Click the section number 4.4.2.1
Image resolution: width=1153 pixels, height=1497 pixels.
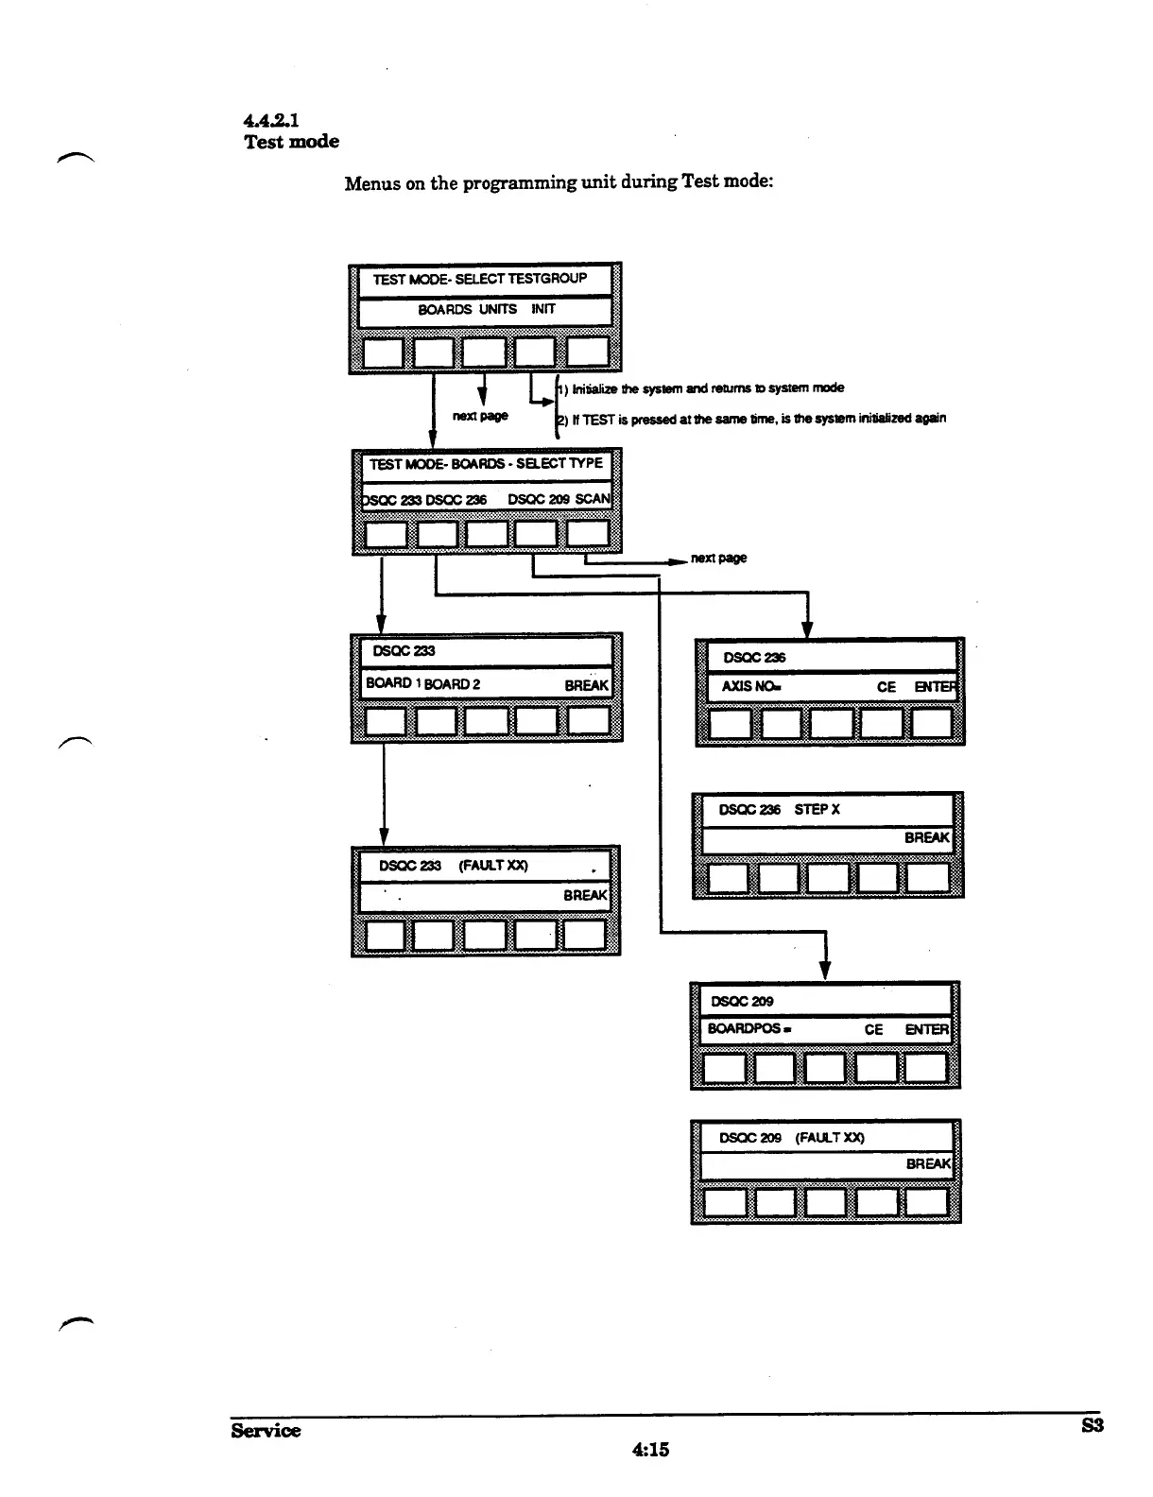coord(271,120)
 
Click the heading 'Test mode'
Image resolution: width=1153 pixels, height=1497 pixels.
coord(291,142)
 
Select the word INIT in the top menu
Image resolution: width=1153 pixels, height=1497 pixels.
coord(543,309)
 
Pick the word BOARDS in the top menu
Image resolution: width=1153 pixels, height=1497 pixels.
coord(444,309)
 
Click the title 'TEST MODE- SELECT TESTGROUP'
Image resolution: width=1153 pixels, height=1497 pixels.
coord(479,279)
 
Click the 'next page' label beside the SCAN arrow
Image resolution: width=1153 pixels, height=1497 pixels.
coord(718,558)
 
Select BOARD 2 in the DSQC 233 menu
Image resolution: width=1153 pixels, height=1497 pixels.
coord(452,684)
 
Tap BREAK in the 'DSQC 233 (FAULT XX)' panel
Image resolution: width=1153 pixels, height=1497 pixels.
coord(585,895)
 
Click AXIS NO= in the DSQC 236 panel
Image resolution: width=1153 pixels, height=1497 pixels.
coord(751,687)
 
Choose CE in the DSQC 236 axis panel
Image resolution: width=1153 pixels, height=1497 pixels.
coord(886,687)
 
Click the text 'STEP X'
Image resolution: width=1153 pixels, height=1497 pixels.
coord(817,810)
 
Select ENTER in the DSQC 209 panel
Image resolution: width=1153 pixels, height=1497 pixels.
coord(926,1029)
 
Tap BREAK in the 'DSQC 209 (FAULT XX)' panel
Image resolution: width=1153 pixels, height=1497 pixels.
coord(927,1164)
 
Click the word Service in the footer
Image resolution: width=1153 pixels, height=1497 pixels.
coord(266,1431)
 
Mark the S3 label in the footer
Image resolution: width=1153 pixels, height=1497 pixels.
coord(1092,1426)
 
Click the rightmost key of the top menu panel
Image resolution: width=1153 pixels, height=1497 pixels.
coord(588,353)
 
